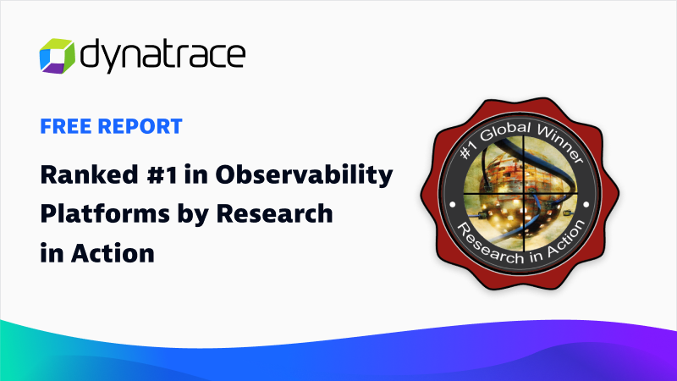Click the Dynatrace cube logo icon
coord(57,56)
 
